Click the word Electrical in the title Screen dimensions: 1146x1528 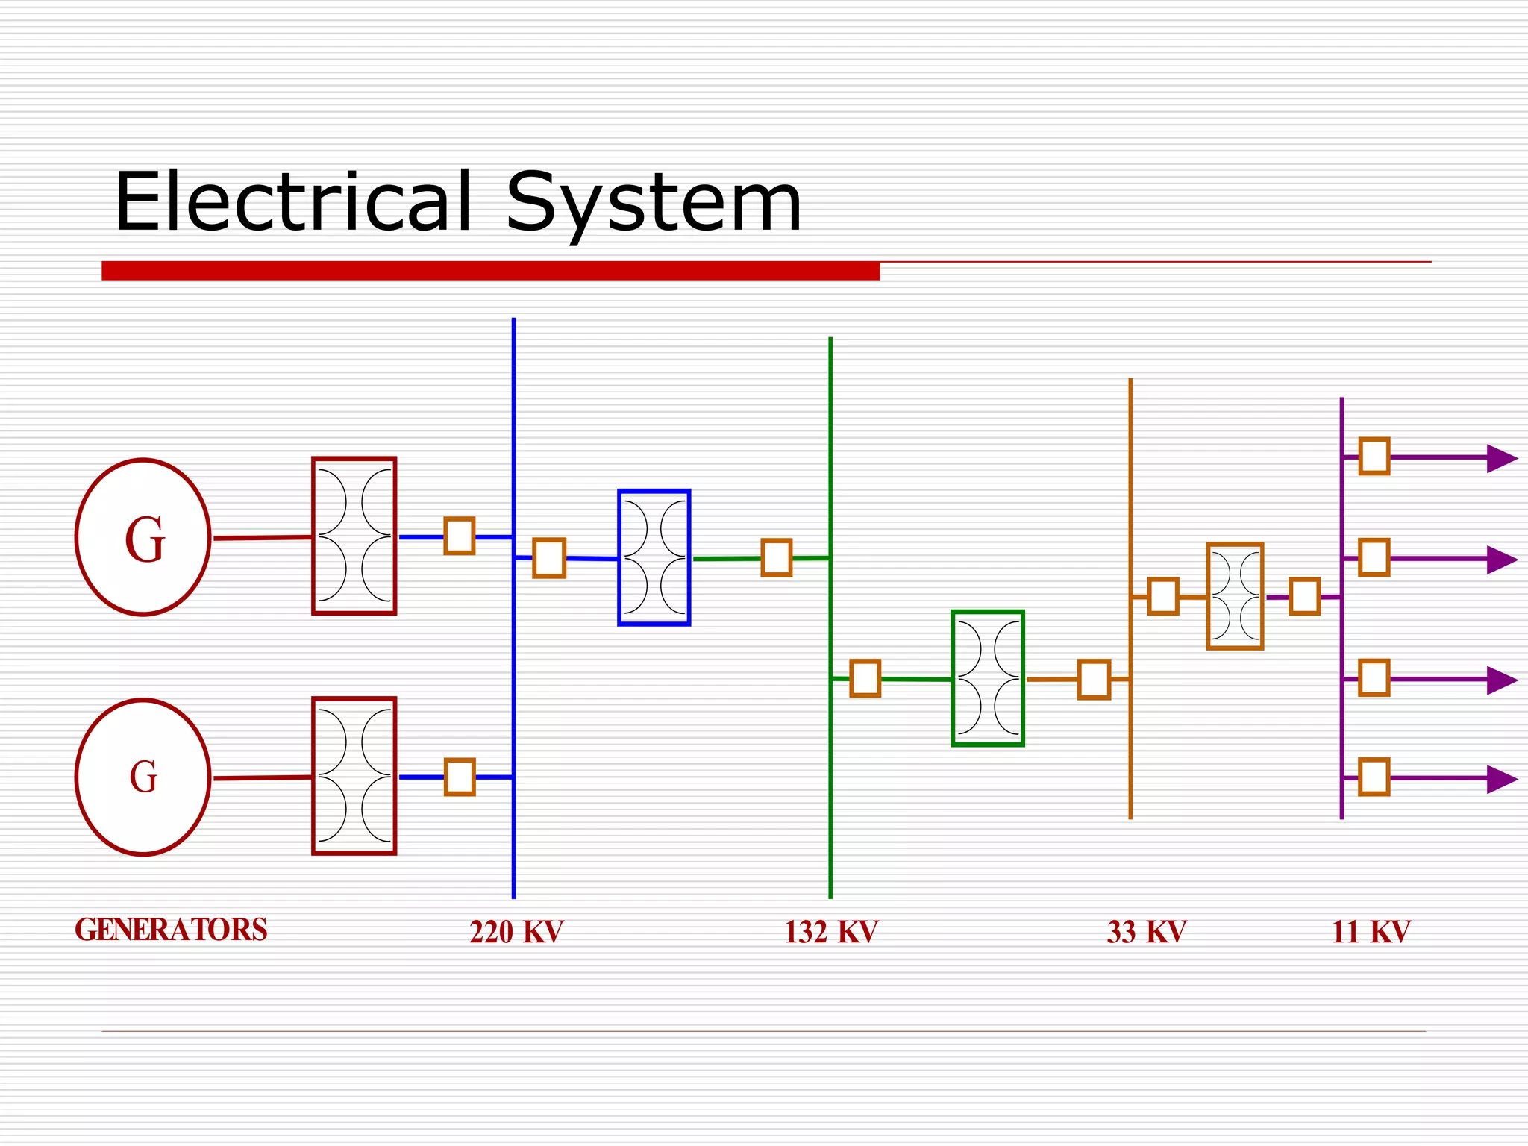coord(293,201)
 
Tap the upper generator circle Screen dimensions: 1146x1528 coord(143,537)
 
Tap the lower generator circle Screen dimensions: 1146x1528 coord(143,777)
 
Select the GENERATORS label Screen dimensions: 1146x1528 coord(171,930)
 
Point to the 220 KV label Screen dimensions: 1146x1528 coord(516,932)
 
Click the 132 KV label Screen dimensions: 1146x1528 coord(831,932)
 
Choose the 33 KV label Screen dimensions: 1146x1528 coord(1147,932)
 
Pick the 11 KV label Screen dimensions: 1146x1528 coord(1371,932)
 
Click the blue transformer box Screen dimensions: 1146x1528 coord(654,557)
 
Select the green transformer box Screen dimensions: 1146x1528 coord(988,678)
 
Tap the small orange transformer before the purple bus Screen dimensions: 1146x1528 coord(1236,596)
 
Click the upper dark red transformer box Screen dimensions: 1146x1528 coord(354,536)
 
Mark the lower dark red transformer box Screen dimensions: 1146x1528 coord(354,776)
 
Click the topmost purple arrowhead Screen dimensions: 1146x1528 coord(1501,458)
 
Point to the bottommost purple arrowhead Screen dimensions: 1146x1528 coord(1501,779)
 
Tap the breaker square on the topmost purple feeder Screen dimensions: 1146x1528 coord(1374,457)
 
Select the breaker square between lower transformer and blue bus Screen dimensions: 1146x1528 coord(460,777)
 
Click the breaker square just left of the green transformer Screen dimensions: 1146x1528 coord(865,678)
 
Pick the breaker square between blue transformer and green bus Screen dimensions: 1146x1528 coord(777,558)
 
